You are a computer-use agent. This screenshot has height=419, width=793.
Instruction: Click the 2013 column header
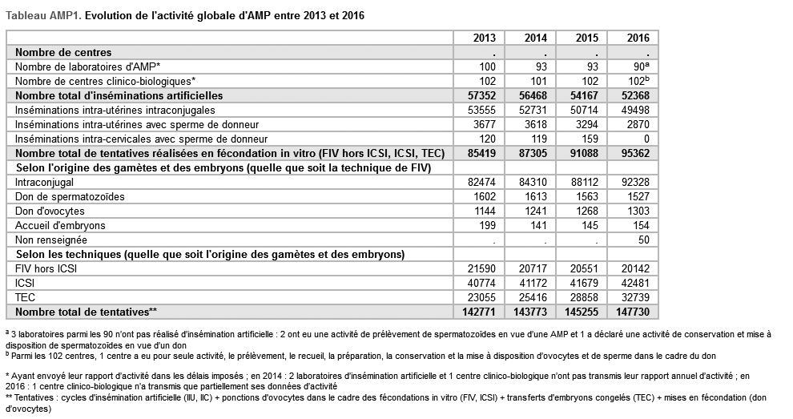[x=484, y=38]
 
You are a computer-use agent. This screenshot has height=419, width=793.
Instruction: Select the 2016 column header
[x=638, y=38]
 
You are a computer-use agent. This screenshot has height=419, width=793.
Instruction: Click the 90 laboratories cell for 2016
[x=640, y=66]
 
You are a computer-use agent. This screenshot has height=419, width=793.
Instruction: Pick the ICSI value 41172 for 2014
[x=533, y=283]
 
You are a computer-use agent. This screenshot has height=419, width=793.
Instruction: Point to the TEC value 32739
[x=636, y=297]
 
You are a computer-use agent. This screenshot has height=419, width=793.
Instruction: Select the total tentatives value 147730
[x=633, y=312]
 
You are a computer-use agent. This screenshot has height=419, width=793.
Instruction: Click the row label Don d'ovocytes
[x=50, y=211]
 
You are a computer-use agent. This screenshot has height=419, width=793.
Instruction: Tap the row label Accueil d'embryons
[x=60, y=226]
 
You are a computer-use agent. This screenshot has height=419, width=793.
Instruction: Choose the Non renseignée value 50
[x=644, y=240]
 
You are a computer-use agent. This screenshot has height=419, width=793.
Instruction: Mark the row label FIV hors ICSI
[x=46, y=268]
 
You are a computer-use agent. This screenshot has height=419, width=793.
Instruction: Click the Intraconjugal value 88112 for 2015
[x=584, y=182]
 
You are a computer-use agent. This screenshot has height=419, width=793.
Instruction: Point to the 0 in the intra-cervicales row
[x=646, y=139]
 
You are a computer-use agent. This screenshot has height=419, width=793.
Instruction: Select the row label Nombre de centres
[x=63, y=52]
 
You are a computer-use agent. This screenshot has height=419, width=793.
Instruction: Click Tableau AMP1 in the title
[x=43, y=16]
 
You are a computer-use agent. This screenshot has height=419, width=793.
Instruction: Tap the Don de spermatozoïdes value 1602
[x=485, y=196]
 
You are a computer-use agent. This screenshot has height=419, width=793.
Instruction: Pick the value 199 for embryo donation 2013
[x=488, y=226]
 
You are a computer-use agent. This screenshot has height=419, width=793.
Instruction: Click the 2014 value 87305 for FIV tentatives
[x=532, y=153]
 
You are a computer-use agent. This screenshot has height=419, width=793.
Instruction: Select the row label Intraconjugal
[x=45, y=182]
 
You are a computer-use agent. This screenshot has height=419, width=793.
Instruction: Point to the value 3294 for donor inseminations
[x=586, y=124]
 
